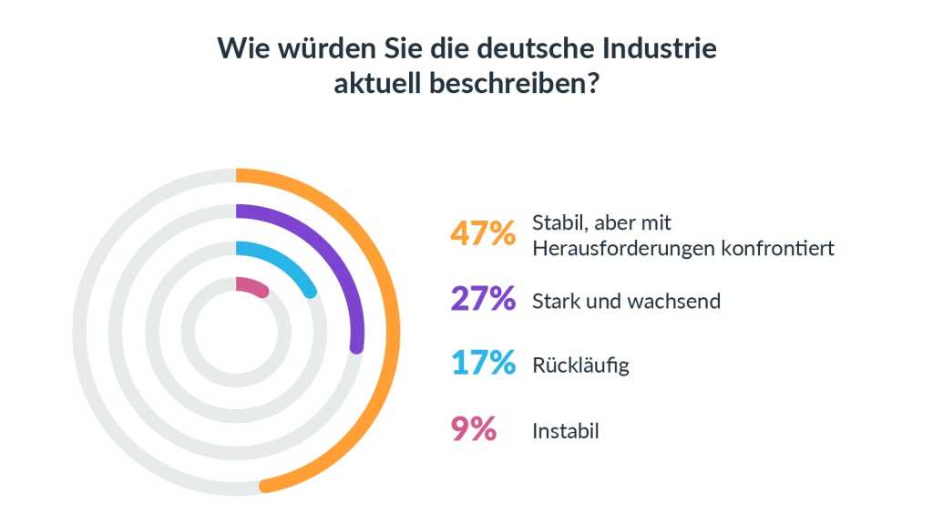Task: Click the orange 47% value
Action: tap(483, 233)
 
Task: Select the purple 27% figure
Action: tap(483, 299)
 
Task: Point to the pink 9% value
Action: tap(474, 429)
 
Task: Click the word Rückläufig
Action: tap(580, 366)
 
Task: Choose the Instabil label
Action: tap(565, 431)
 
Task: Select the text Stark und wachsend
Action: tap(626, 301)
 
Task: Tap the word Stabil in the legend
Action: tap(558, 222)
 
